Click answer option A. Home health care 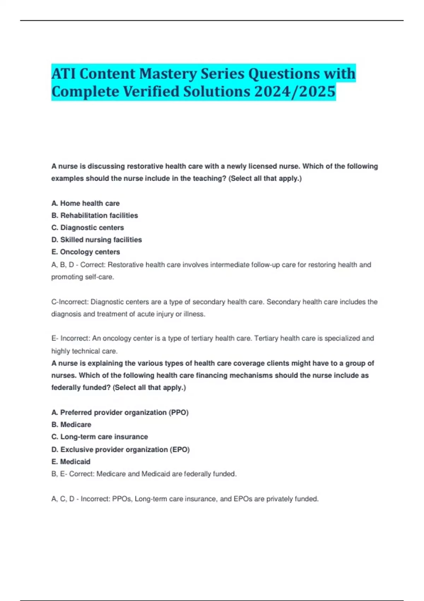click(x=86, y=203)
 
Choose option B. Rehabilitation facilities click(x=95, y=215)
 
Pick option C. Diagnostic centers click(x=88, y=228)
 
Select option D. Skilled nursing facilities click(x=96, y=240)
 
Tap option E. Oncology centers click(x=86, y=252)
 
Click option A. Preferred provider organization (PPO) click(x=120, y=413)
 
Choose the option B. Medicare click(x=71, y=425)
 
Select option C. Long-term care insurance click(x=100, y=437)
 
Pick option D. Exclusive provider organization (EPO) click(x=120, y=450)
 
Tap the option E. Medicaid click(x=71, y=462)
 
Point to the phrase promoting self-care click(x=83, y=277)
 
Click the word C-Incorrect click(x=70, y=302)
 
